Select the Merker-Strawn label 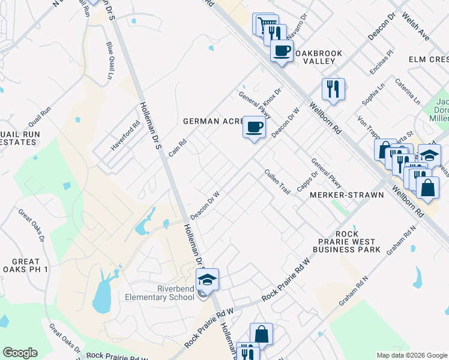coord(346,195)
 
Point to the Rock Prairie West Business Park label coord(347,241)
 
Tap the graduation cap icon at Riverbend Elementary coord(207,280)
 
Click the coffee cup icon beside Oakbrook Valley coord(282,50)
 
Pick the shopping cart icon coord(263,25)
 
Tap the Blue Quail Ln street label coord(110,61)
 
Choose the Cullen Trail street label coord(277,181)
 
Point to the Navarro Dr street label coord(300,25)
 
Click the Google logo coord(20,353)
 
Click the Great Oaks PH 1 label coord(25,266)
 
